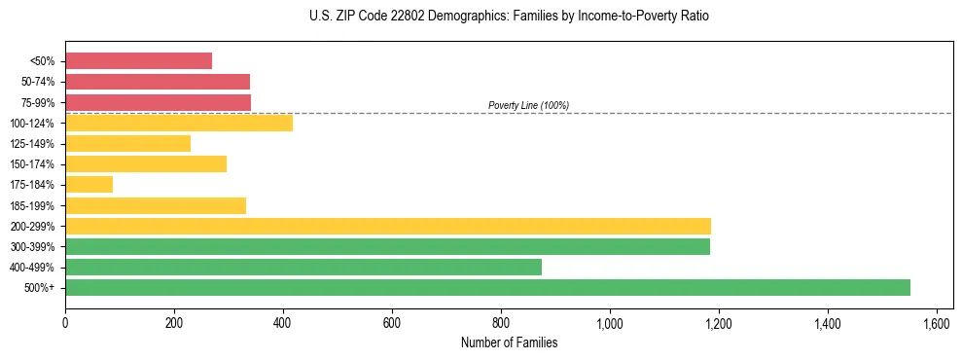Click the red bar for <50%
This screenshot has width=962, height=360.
(138, 60)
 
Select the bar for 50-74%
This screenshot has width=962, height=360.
(158, 82)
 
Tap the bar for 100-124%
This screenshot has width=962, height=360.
(179, 123)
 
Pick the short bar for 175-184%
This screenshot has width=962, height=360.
(89, 184)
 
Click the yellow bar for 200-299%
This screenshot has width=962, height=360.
(388, 226)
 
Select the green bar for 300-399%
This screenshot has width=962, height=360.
(387, 246)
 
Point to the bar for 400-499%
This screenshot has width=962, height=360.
(303, 267)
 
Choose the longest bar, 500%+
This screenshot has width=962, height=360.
(487, 287)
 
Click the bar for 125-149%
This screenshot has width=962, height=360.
(127, 143)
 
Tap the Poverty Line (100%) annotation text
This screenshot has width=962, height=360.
(528, 105)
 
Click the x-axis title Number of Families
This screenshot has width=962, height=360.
(509, 342)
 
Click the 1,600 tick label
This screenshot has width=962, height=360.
(937, 322)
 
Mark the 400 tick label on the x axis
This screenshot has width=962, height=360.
(283, 322)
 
